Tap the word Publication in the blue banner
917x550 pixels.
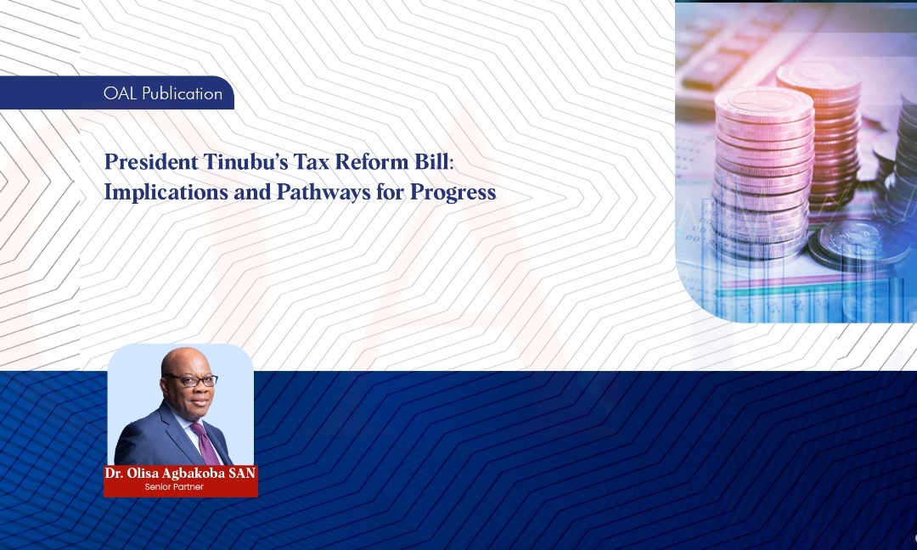click(x=182, y=93)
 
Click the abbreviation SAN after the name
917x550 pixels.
click(x=242, y=474)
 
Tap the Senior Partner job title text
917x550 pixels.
click(x=174, y=487)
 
